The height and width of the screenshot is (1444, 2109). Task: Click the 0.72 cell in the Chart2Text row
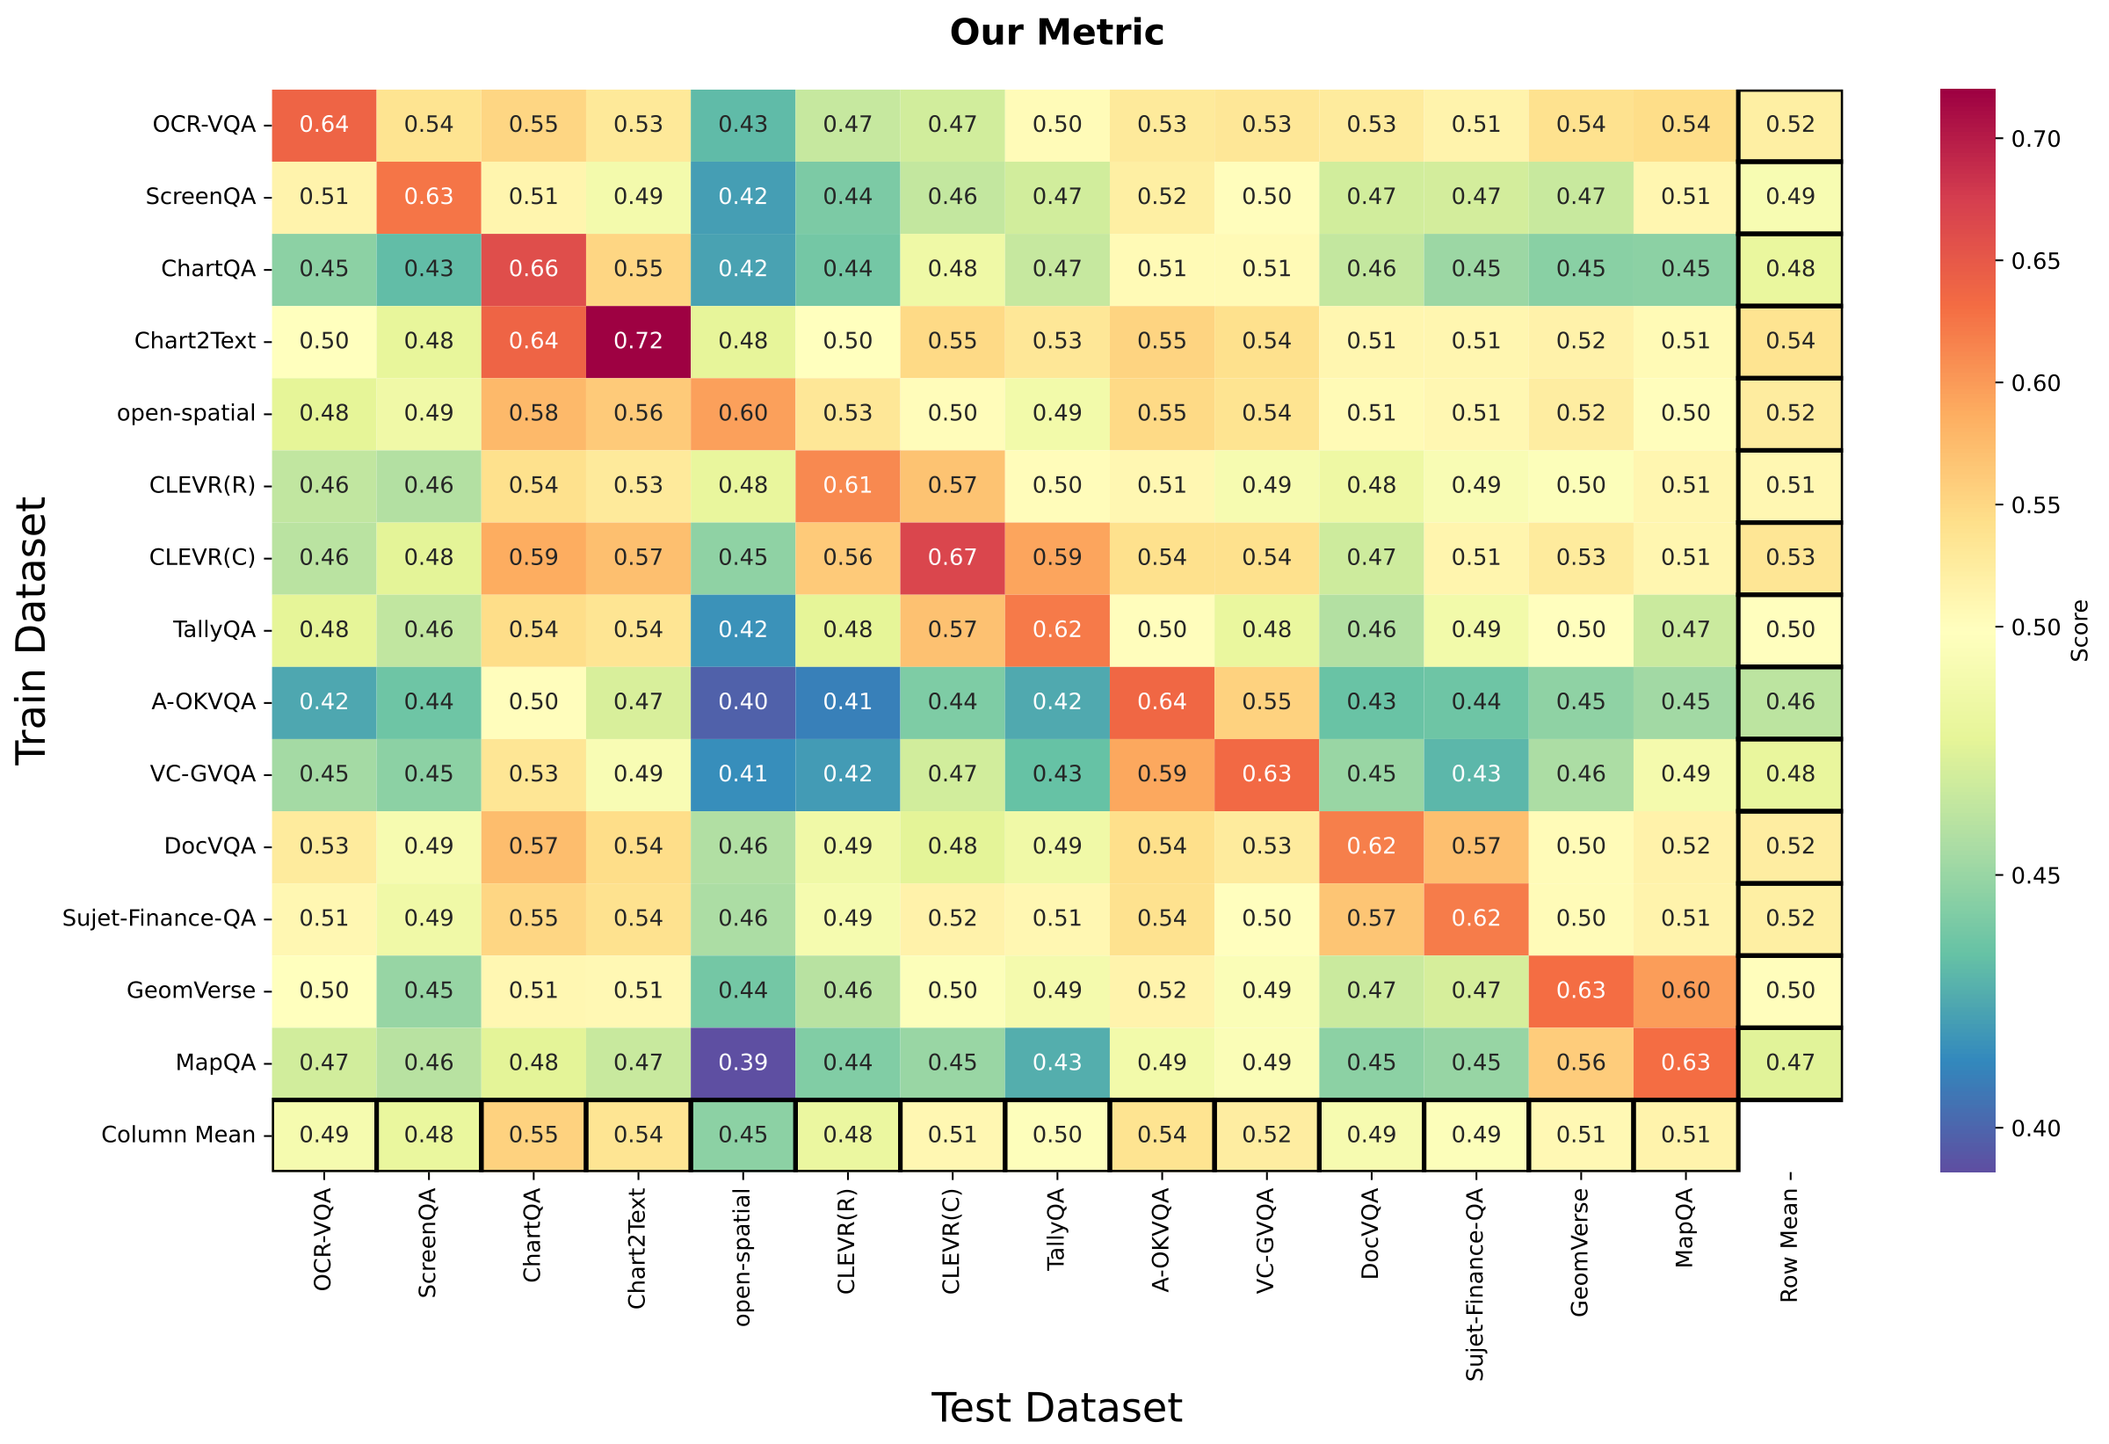click(x=638, y=341)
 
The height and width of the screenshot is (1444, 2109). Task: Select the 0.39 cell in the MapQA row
click(x=743, y=1063)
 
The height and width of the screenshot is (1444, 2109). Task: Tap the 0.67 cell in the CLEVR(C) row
click(x=952, y=557)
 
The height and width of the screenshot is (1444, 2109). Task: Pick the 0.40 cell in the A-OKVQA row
click(x=743, y=701)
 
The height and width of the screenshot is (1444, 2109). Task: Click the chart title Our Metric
click(x=1055, y=33)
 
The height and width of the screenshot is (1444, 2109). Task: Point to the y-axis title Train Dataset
click(x=31, y=630)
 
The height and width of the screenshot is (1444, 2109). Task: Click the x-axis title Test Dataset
click(x=1055, y=1408)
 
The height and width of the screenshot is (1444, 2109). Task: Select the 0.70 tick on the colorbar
click(x=2035, y=139)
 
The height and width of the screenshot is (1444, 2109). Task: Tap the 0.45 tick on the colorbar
click(x=2035, y=876)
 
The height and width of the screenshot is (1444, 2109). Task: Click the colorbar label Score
click(x=2080, y=630)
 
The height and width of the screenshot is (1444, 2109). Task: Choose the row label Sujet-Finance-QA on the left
click(x=159, y=918)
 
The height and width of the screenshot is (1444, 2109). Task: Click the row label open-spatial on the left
click(x=186, y=413)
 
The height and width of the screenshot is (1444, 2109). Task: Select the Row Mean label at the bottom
click(x=1788, y=1245)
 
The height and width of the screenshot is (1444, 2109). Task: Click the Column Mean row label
click(x=178, y=1135)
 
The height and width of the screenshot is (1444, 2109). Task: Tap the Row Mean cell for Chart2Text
click(x=1789, y=341)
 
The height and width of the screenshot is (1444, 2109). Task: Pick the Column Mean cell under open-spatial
click(x=743, y=1135)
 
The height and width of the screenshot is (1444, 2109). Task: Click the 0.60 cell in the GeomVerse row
click(x=1685, y=990)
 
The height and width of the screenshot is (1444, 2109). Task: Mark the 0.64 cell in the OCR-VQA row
click(x=324, y=124)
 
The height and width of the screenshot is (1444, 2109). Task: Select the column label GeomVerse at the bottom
click(x=1580, y=1252)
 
